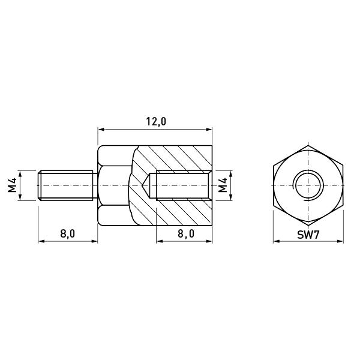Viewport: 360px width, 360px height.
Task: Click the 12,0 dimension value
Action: (x=156, y=122)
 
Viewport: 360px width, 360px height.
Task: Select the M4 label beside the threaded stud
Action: (x=12, y=185)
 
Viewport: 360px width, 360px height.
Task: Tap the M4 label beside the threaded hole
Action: (x=223, y=185)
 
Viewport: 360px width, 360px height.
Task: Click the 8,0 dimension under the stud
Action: (x=67, y=234)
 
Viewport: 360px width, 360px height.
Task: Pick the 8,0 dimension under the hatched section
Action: (x=186, y=234)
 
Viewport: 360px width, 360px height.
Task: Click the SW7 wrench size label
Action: (x=308, y=235)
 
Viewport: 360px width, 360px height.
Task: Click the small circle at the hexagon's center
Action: (x=308, y=185)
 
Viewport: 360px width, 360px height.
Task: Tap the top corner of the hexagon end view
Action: (x=308, y=146)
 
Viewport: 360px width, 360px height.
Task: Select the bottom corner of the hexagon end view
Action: (x=308, y=225)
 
